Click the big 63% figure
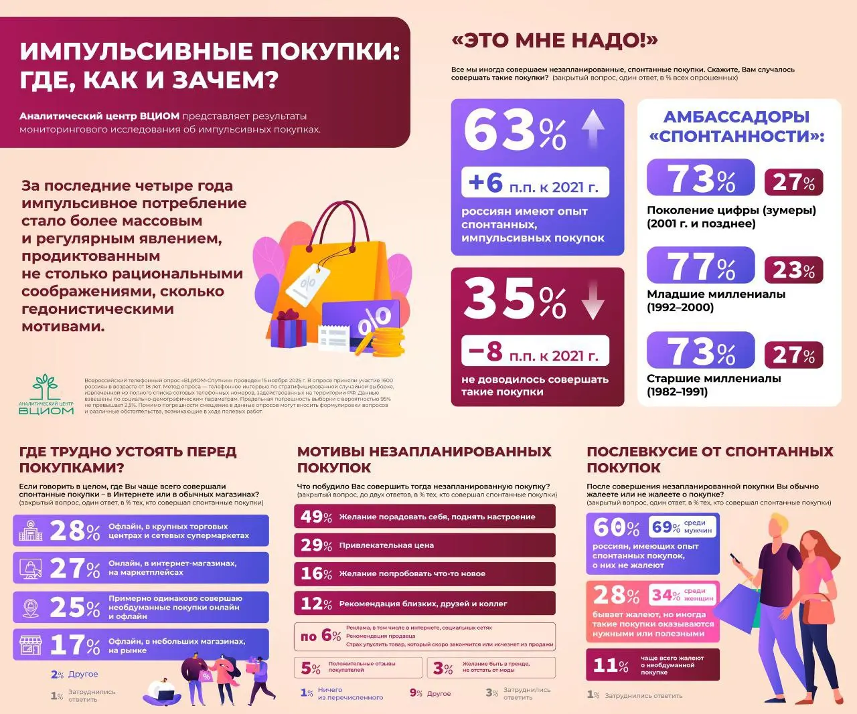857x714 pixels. coord(514,130)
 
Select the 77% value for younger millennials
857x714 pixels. coord(701,266)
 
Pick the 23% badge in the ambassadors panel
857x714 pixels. coord(793,270)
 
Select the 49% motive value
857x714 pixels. coord(316,517)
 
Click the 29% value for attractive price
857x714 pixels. coord(316,545)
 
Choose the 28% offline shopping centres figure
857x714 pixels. coord(75,531)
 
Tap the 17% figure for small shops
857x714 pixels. coord(75,645)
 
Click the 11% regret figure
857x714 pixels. coord(611,666)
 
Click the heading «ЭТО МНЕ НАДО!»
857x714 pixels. coord(554,41)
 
